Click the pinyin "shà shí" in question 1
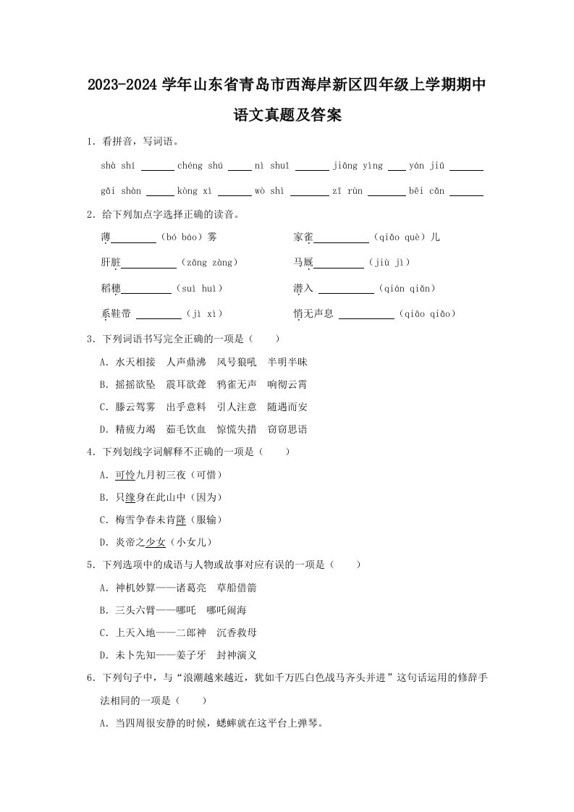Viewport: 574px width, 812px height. [x=119, y=166]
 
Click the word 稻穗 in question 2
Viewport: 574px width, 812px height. [x=111, y=289]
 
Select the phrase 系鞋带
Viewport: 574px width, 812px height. [x=116, y=314]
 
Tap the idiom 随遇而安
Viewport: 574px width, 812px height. [x=287, y=407]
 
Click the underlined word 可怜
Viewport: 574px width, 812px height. [x=125, y=475]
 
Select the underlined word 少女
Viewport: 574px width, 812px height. [x=156, y=542]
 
